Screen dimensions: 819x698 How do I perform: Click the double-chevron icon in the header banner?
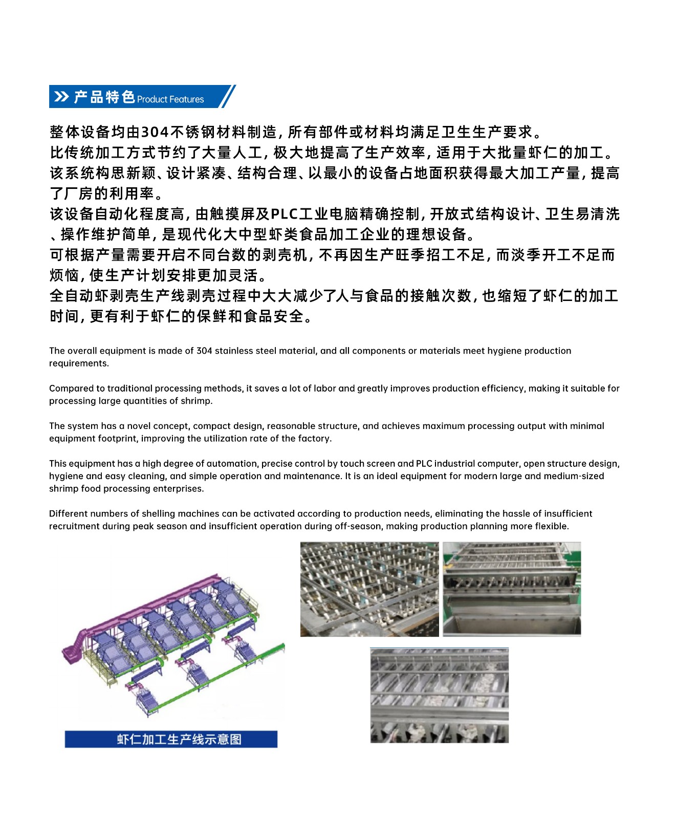(x=61, y=97)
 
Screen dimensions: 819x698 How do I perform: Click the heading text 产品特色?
(x=104, y=97)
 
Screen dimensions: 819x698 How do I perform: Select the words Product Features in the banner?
(x=170, y=99)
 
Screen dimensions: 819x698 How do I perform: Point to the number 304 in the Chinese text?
(x=155, y=132)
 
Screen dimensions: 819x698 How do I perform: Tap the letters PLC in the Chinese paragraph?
(x=284, y=214)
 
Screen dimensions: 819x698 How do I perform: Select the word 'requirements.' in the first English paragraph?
(x=79, y=363)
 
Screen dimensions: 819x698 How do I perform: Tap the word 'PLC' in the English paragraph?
(x=424, y=464)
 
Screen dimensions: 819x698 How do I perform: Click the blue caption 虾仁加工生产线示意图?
(x=171, y=739)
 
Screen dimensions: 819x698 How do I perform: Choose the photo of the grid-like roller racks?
(x=369, y=589)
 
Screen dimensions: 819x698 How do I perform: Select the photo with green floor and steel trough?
(x=512, y=589)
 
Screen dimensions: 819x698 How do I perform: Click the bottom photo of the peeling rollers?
(x=439, y=695)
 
